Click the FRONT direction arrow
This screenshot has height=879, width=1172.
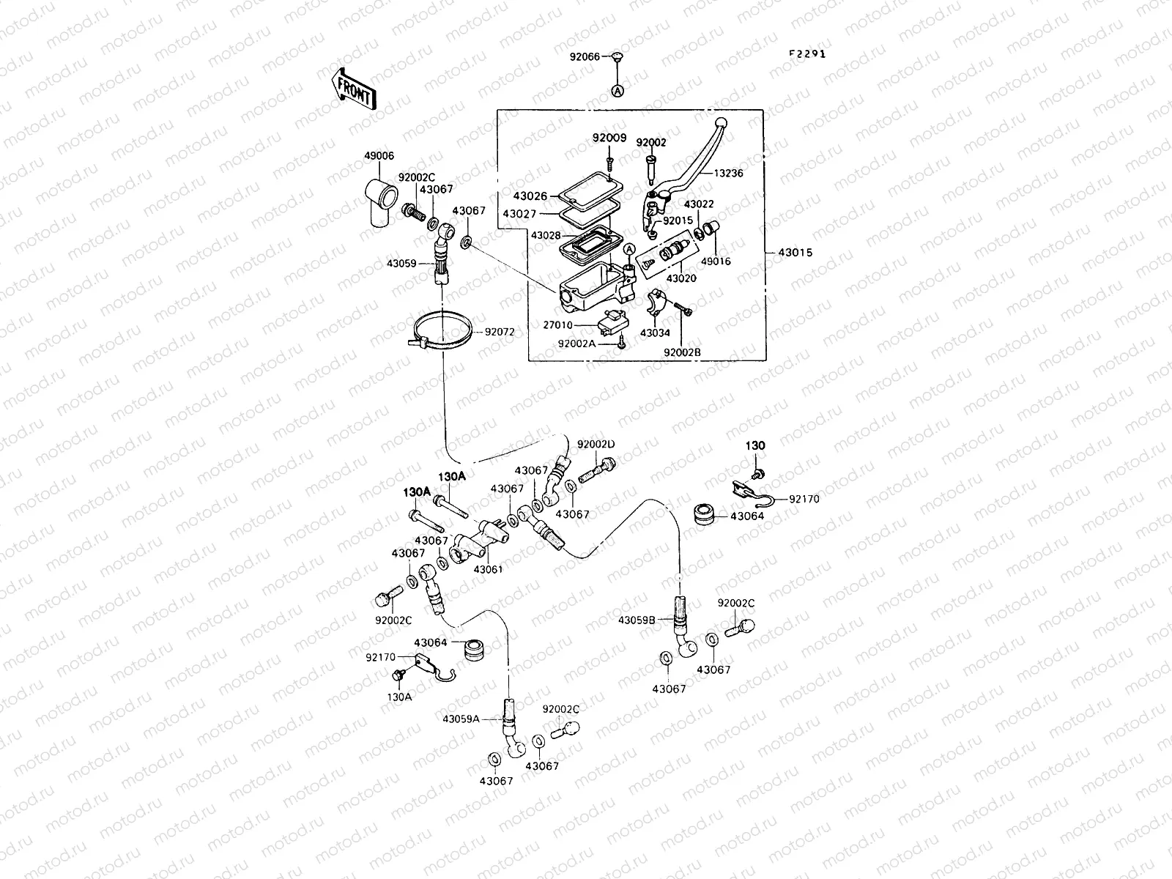click(x=355, y=89)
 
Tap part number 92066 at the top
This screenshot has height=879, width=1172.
click(x=585, y=56)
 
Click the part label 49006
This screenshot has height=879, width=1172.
click(x=379, y=155)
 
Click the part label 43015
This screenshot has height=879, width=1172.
click(x=795, y=253)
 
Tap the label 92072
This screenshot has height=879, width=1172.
click(x=499, y=332)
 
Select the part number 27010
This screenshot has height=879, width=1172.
click(x=558, y=324)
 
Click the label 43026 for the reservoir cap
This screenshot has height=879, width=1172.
click(x=530, y=196)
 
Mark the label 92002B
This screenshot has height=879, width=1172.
click(x=682, y=352)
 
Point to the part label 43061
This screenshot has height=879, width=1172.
click(x=488, y=569)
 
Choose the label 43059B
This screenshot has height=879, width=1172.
click(x=636, y=620)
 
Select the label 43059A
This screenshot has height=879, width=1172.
click(x=460, y=719)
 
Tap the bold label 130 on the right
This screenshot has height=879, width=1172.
click(x=755, y=445)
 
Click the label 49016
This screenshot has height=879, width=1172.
click(x=716, y=261)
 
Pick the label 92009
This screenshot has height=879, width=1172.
click(x=609, y=137)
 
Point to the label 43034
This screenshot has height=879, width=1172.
click(x=654, y=333)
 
